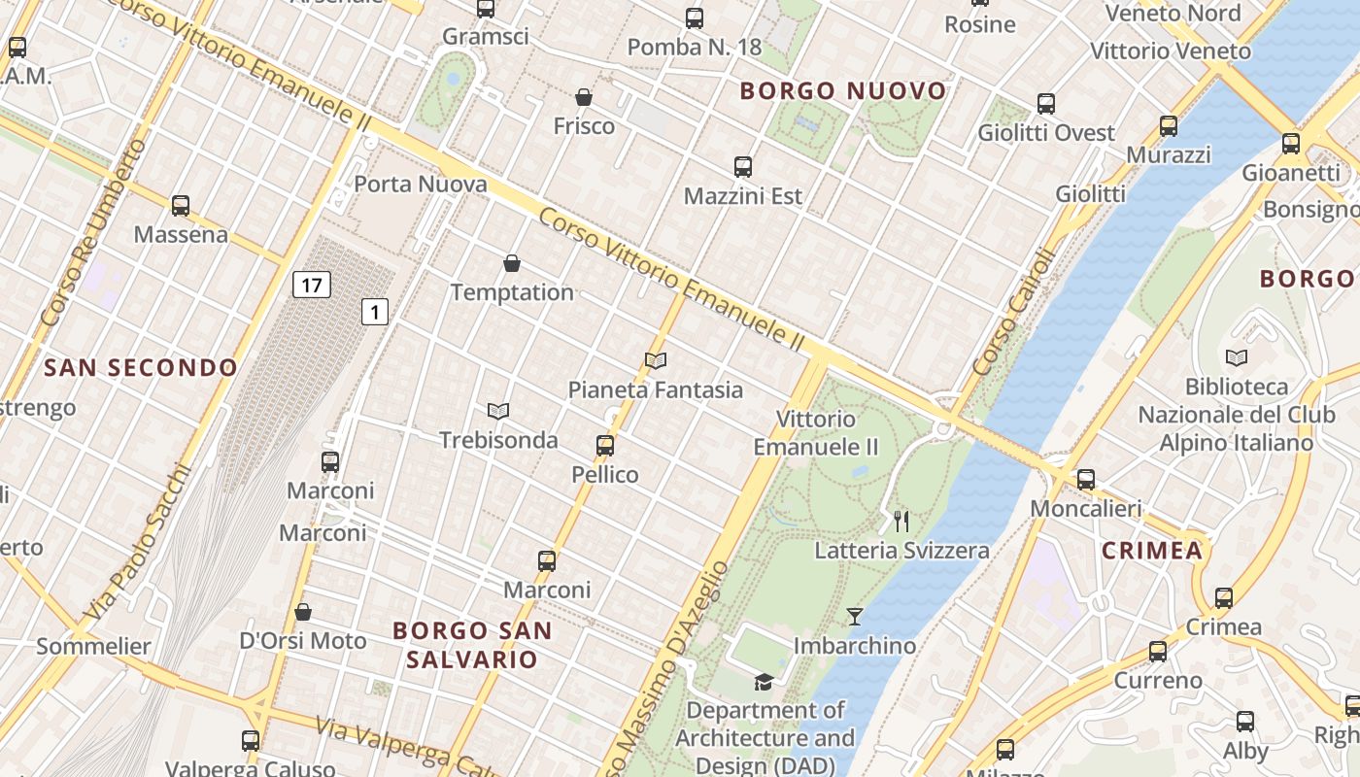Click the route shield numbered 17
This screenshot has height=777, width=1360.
pos(311,285)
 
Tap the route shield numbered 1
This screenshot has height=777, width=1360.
pos(375,312)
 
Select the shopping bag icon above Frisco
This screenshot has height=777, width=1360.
pos(584,97)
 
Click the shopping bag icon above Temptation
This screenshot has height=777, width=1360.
pos(512,263)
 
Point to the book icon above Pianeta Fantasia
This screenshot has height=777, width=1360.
pos(656,361)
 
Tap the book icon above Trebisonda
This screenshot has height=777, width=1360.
pos(498,412)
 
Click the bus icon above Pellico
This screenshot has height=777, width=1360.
pos(605,446)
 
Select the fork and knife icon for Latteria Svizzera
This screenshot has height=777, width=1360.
pos(901,522)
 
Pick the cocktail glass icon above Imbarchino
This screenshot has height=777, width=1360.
pos(855,617)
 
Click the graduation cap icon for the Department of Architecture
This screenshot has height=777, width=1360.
pos(764,682)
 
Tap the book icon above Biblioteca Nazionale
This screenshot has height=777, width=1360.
pos(1237,357)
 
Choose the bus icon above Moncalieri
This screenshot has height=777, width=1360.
pos(1086,479)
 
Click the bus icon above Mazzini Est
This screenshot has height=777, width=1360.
pos(743,167)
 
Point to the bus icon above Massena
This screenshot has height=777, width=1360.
pos(181,206)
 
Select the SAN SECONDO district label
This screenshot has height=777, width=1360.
pos(141,367)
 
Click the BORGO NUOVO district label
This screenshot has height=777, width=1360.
pos(842,91)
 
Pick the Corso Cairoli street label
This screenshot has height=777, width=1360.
pos(1013,313)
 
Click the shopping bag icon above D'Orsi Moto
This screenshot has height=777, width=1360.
pos(303,612)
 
